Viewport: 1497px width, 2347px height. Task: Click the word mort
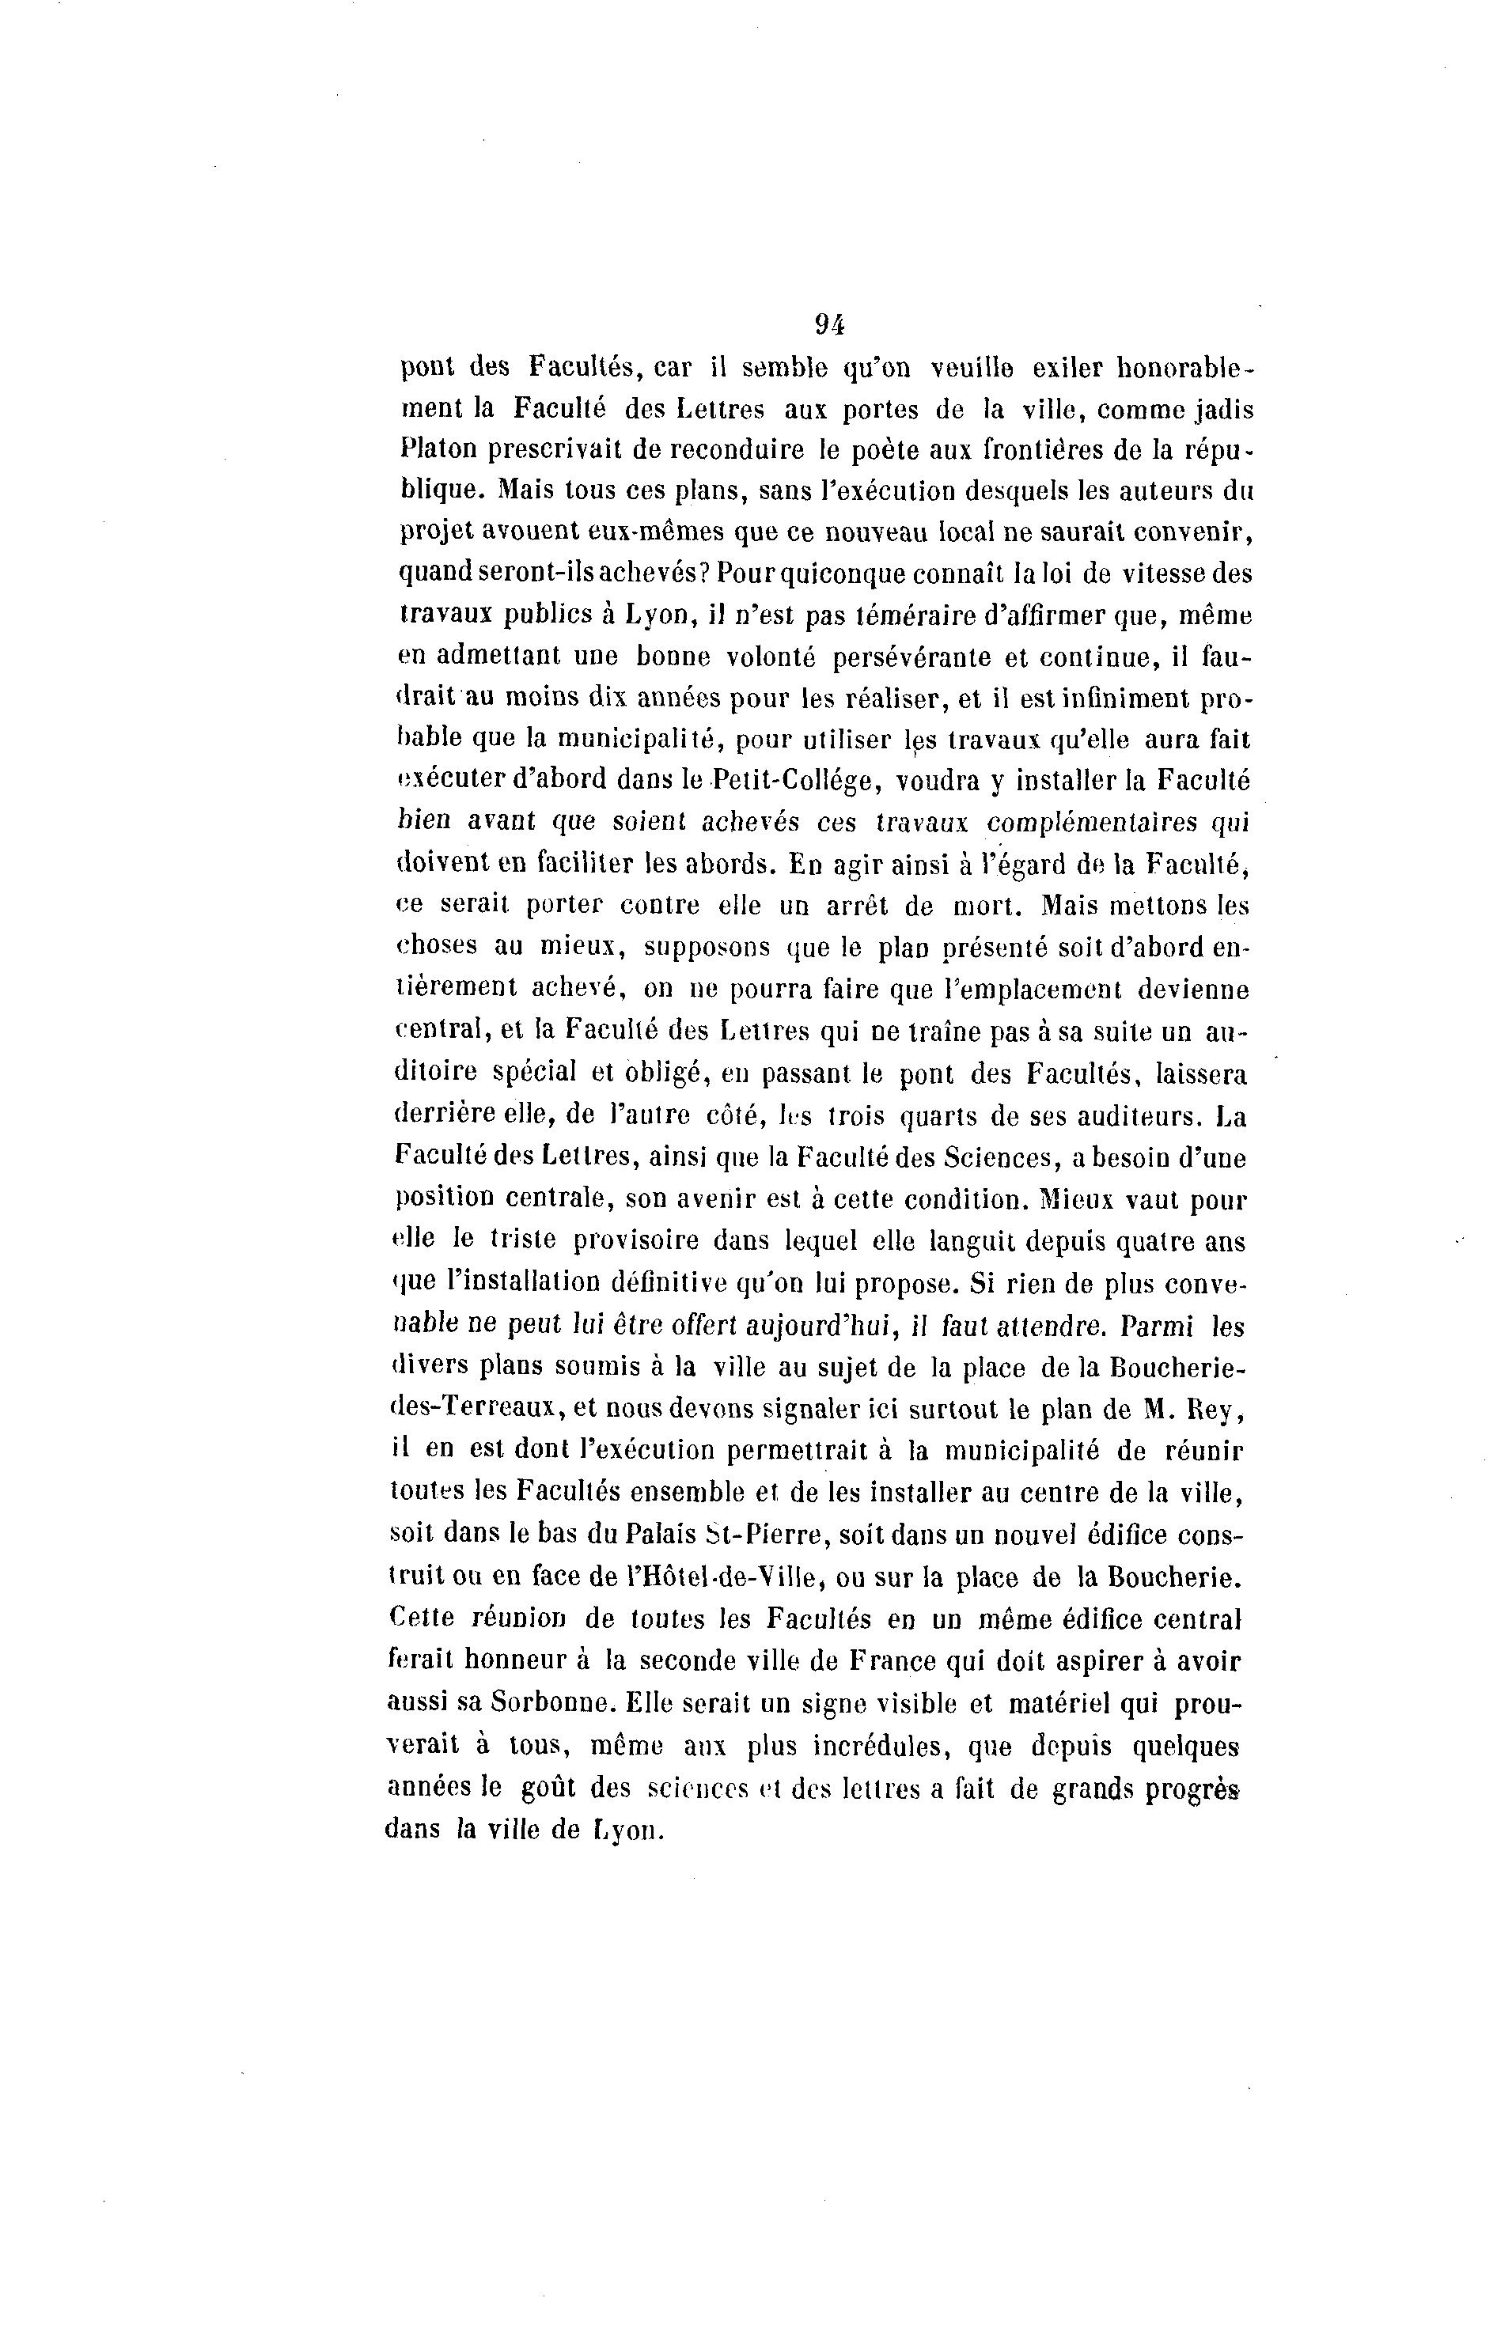[x=983, y=906]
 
